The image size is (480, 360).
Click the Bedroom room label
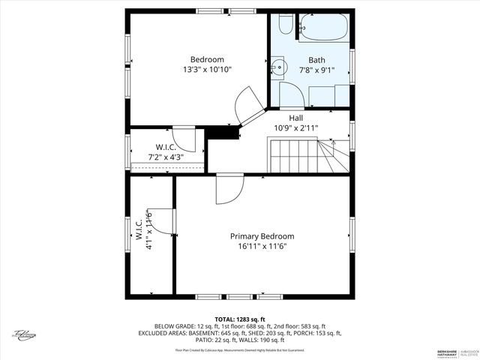click(x=206, y=59)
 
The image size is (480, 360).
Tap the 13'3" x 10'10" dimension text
click(x=206, y=70)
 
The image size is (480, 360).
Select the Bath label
click(x=316, y=60)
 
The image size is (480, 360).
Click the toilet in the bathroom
click(x=286, y=24)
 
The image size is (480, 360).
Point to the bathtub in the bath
click(x=324, y=28)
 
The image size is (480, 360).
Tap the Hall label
click(x=295, y=118)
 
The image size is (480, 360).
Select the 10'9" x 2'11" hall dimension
click(x=295, y=128)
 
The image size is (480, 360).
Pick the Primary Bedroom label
click(x=262, y=235)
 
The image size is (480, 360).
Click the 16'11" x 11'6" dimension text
click(x=262, y=246)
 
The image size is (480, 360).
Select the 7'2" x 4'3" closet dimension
click(x=166, y=157)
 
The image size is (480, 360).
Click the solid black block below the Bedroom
click(x=222, y=131)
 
